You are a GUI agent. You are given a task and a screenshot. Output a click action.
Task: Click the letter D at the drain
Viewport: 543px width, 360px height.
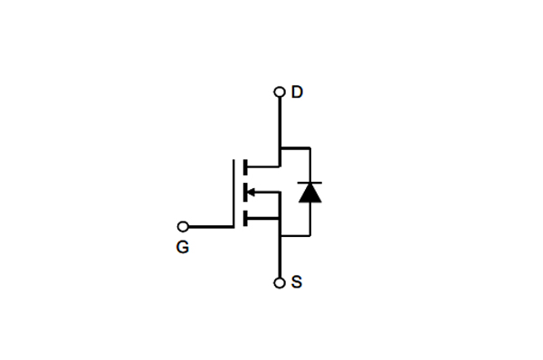pos(297,92)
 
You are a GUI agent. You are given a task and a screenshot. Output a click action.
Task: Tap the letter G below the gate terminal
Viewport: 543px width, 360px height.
pos(183,247)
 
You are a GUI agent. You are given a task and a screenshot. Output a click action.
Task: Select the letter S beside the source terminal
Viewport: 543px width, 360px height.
pos(297,282)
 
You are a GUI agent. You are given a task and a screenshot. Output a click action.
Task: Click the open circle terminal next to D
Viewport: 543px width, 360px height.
pos(280,92)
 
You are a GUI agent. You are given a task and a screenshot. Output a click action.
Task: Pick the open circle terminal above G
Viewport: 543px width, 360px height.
pos(184,226)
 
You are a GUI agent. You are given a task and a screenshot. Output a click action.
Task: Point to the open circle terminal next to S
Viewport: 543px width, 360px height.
pos(280,283)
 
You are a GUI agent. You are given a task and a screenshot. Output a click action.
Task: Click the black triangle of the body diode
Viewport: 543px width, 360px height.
pos(310,192)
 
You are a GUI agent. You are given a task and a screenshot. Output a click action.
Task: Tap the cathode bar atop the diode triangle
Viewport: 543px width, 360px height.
pos(310,182)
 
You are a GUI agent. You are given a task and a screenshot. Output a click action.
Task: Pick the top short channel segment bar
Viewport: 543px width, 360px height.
pos(244,166)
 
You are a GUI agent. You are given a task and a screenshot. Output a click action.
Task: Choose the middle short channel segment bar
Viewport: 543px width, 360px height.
pos(244,192)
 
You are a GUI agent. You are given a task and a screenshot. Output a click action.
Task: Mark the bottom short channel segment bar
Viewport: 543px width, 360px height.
pos(244,217)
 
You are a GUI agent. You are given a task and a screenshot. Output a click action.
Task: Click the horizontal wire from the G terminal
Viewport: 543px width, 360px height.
pos(211,226)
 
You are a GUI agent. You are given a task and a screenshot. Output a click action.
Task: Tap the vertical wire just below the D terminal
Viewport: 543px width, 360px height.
pos(280,122)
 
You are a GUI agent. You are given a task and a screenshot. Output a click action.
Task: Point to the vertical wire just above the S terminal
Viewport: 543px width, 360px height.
pos(280,258)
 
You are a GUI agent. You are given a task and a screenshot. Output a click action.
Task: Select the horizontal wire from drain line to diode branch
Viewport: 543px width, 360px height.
pos(295,147)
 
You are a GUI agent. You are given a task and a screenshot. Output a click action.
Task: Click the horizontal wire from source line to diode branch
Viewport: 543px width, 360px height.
pos(295,235)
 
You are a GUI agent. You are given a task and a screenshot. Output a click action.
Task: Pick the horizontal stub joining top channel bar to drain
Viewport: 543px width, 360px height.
pos(263,166)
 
